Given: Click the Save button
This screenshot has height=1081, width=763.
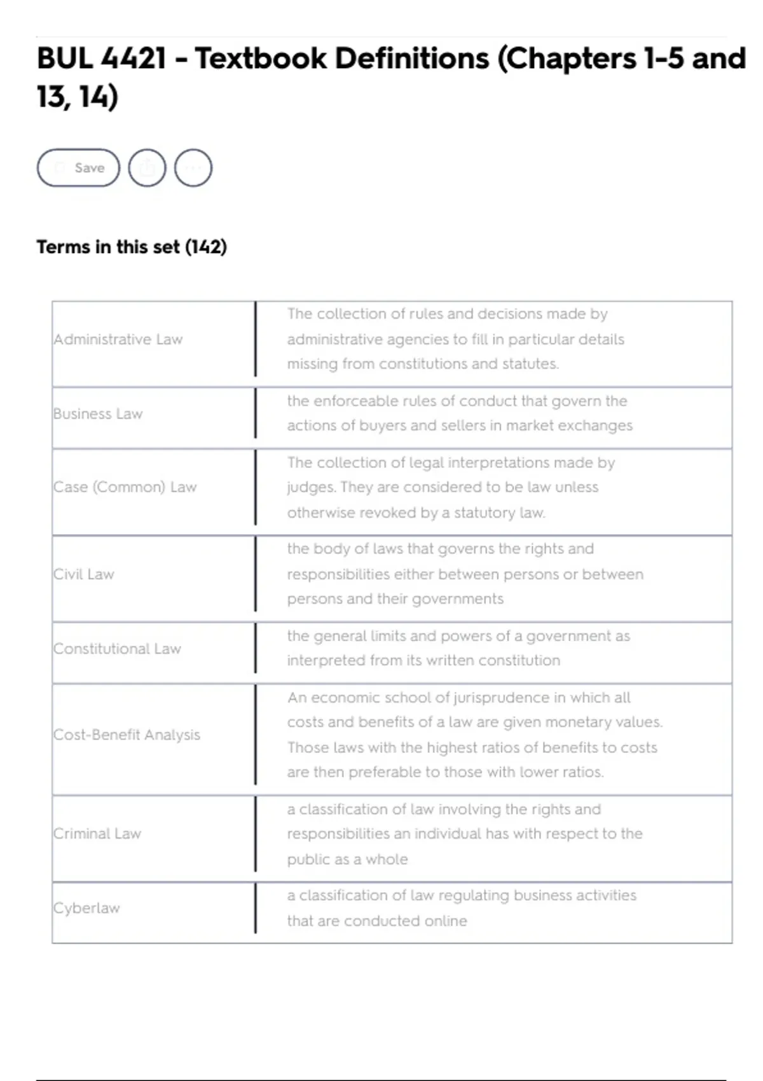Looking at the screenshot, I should [x=78, y=168].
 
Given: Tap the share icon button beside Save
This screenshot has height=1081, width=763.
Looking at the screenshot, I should [x=147, y=168].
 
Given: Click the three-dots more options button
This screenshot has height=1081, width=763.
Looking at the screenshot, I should [x=193, y=168].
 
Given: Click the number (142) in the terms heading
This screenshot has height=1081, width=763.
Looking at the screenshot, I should [x=205, y=247].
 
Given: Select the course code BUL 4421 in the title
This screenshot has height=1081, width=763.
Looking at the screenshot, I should [x=102, y=59].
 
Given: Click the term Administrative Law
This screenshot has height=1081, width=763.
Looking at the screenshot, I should [x=118, y=340].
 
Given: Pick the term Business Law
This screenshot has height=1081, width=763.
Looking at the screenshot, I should [x=98, y=414].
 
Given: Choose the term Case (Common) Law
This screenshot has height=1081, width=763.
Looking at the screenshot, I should [x=125, y=487].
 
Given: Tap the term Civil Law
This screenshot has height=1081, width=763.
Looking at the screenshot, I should [x=84, y=574].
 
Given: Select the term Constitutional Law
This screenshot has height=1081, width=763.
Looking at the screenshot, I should [x=118, y=649].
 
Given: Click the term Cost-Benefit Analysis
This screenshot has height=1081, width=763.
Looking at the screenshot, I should [x=127, y=735].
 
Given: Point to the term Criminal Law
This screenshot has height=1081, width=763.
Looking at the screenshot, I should [x=97, y=834].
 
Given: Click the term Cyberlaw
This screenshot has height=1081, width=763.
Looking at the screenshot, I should [x=86, y=908].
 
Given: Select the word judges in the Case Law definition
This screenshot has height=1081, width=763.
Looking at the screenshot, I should [x=310, y=487].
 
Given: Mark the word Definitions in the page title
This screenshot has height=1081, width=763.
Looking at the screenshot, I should [x=412, y=59].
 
